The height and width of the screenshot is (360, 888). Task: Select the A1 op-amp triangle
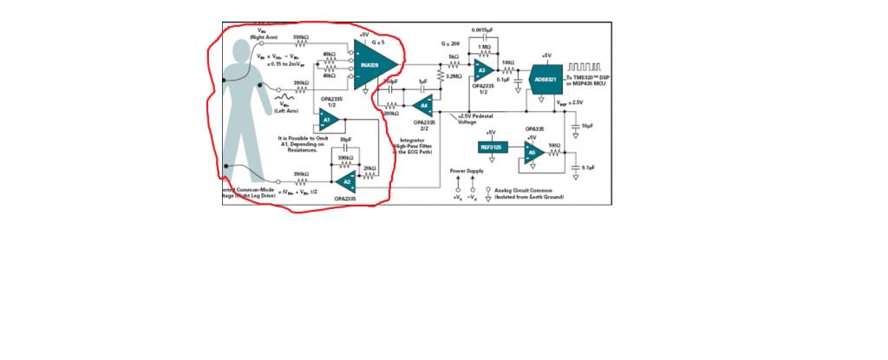pos(328,121)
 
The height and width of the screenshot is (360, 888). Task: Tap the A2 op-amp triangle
pos(344,180)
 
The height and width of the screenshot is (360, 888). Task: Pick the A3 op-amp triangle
pos(482,69)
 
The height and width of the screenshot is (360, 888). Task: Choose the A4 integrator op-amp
pos(422,105)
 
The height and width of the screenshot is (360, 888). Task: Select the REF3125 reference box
pos(491,147)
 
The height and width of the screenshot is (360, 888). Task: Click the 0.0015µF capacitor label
pos(483,30)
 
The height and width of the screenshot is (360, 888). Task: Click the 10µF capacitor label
pos(587,126)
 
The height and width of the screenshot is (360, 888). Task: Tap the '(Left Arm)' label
pos(286,111)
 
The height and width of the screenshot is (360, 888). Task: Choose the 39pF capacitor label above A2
pos(345,139)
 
